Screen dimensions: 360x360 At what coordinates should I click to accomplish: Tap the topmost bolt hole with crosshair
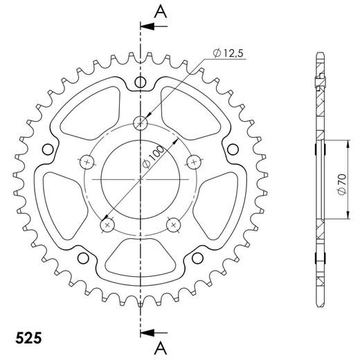(141, 123)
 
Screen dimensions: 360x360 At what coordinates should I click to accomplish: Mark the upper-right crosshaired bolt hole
(195, 162)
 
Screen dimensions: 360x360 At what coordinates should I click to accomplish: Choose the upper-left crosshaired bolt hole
(87, 162)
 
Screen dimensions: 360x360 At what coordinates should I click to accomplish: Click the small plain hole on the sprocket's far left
(47, 148)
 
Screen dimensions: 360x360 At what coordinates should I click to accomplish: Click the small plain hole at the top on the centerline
(141, 83)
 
